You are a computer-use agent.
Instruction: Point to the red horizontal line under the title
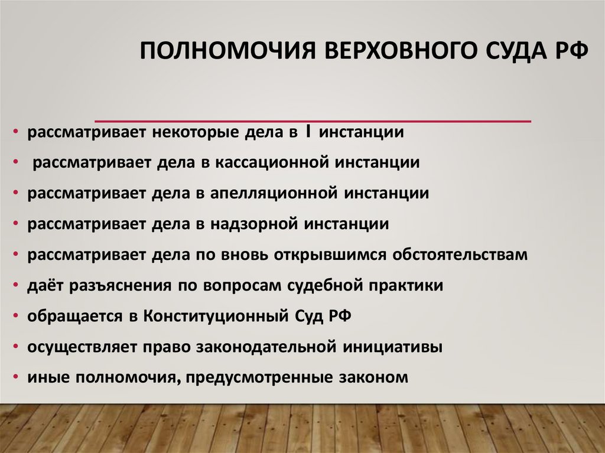tap(313, 120)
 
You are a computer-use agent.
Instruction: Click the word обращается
tap(75, 316)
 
